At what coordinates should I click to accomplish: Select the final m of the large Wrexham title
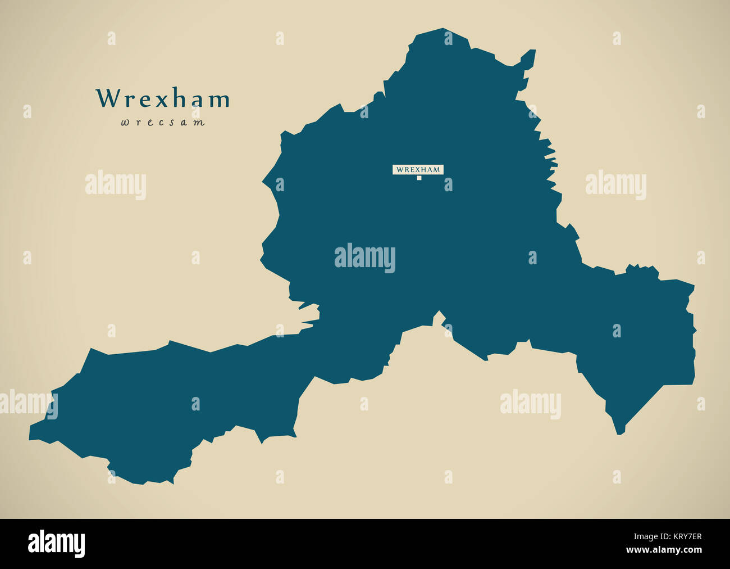click(x=218, y=100)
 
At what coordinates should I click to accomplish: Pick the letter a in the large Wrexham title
click(x=196, y=100)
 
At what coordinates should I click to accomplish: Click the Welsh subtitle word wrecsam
click(x=162, y=122)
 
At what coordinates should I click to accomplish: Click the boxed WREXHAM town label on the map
click(x=418, y=169)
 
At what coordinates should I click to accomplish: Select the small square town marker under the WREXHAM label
click(x=419, y=178)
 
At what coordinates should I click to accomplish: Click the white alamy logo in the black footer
click(x=56, y=544)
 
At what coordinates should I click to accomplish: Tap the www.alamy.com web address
click(x=664, y=550)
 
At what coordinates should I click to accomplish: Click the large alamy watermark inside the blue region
click(x=365, y=258)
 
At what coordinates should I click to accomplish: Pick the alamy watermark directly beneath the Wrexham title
click(x=116, y=185)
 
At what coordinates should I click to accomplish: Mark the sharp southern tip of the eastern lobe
click(x=620, y=432)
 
